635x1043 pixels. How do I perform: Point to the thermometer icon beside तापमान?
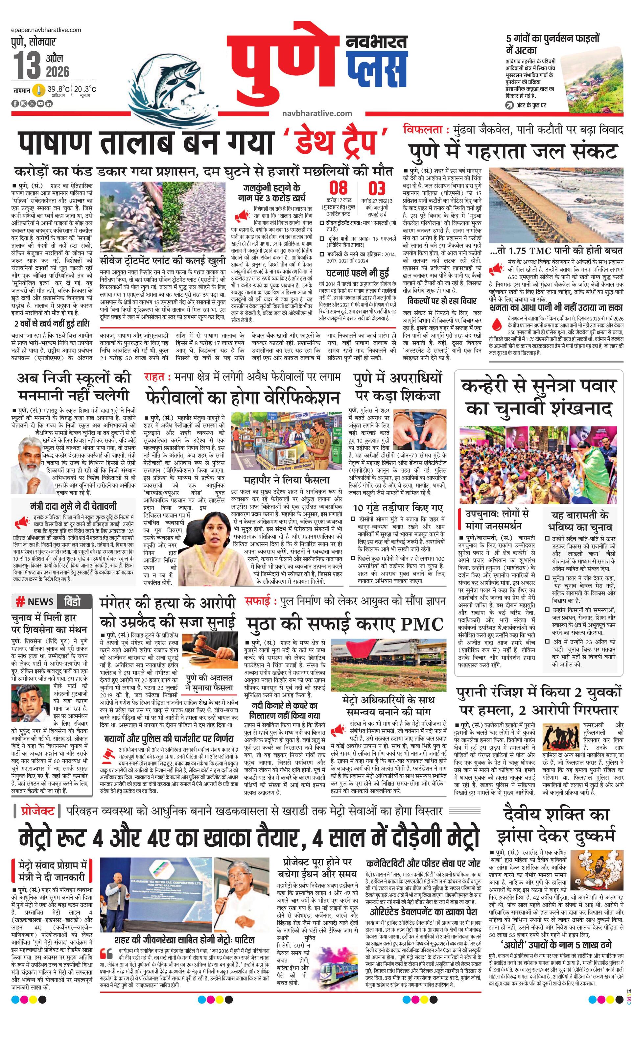(39, 90)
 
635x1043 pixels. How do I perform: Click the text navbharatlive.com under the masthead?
(317, 113)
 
